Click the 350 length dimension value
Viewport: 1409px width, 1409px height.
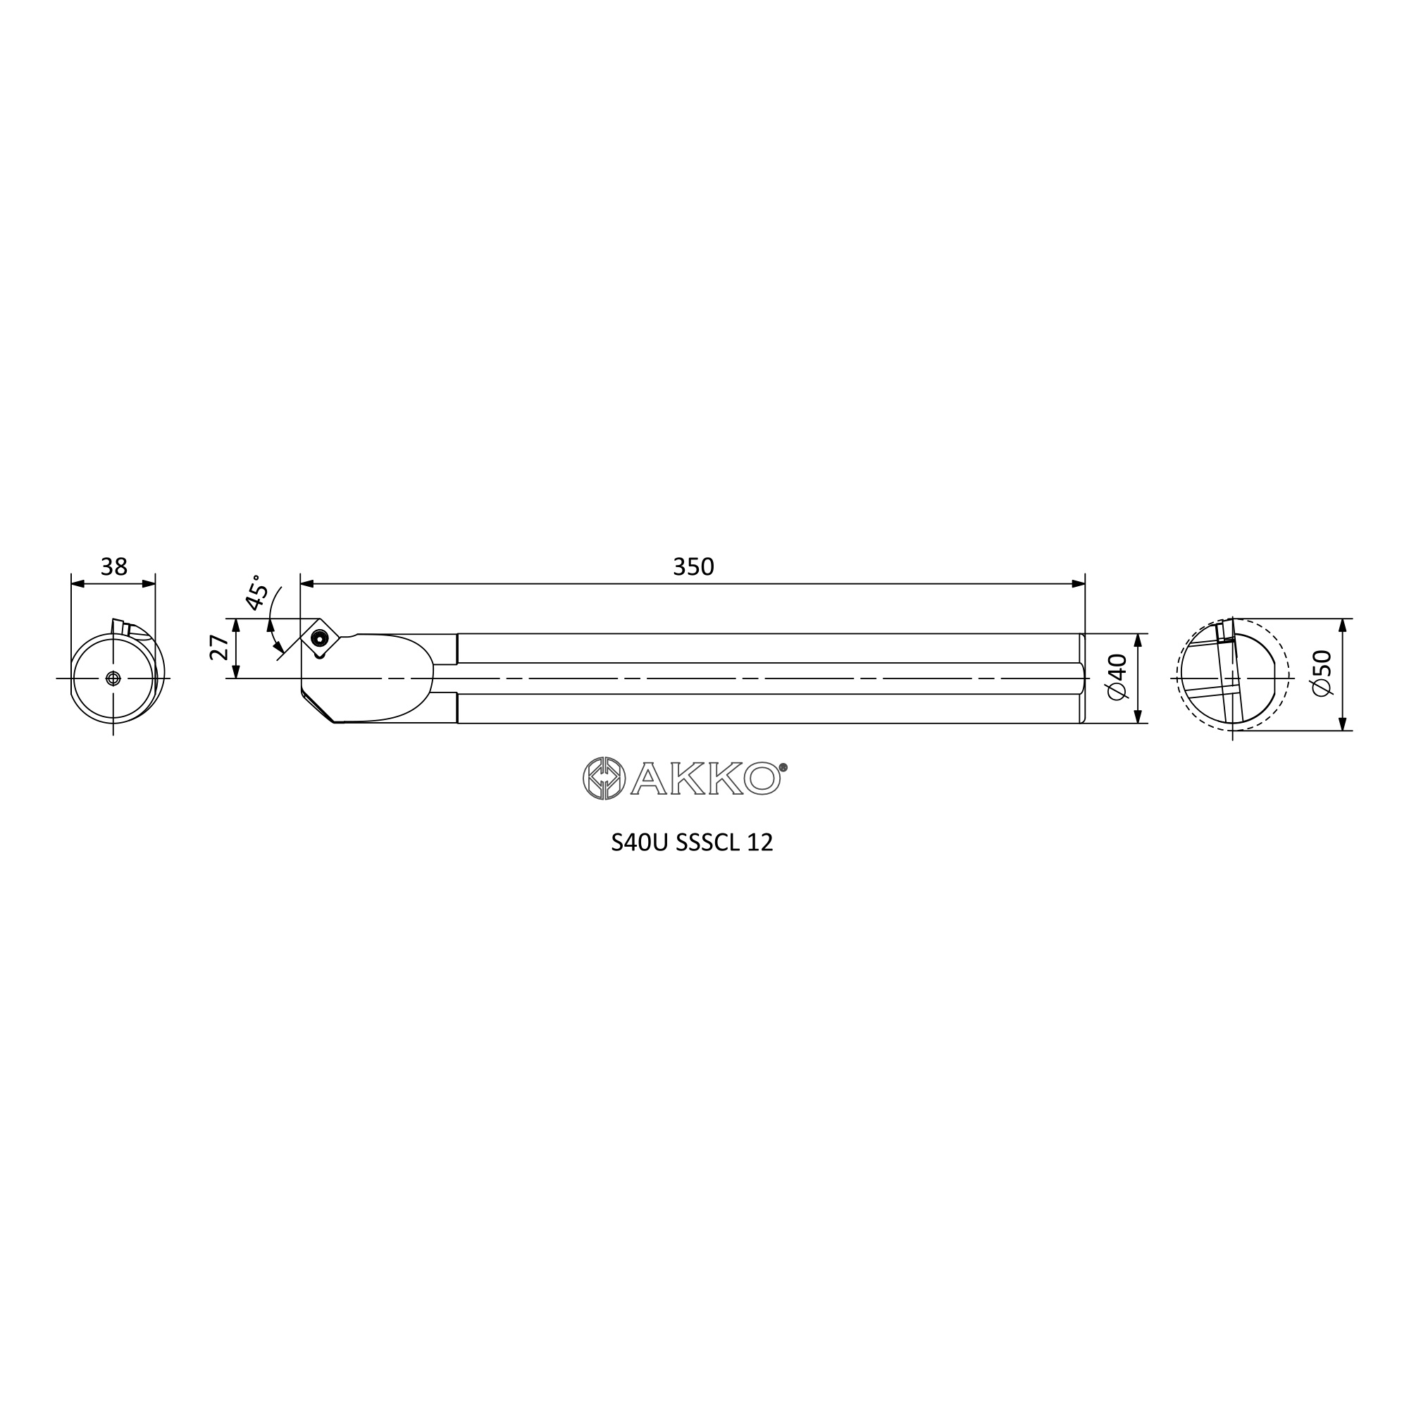pos(693,566)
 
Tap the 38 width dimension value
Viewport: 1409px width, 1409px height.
pos(113,566)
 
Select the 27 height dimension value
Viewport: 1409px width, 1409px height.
pos(219,647)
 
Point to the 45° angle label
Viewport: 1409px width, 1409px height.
pos(256,592)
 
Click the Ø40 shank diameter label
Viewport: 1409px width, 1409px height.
pos(1117,678)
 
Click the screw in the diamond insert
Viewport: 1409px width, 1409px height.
pos(318,639)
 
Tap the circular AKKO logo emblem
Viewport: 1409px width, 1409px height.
pos(604,778)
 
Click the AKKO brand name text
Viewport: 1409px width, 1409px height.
pos(706,779)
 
